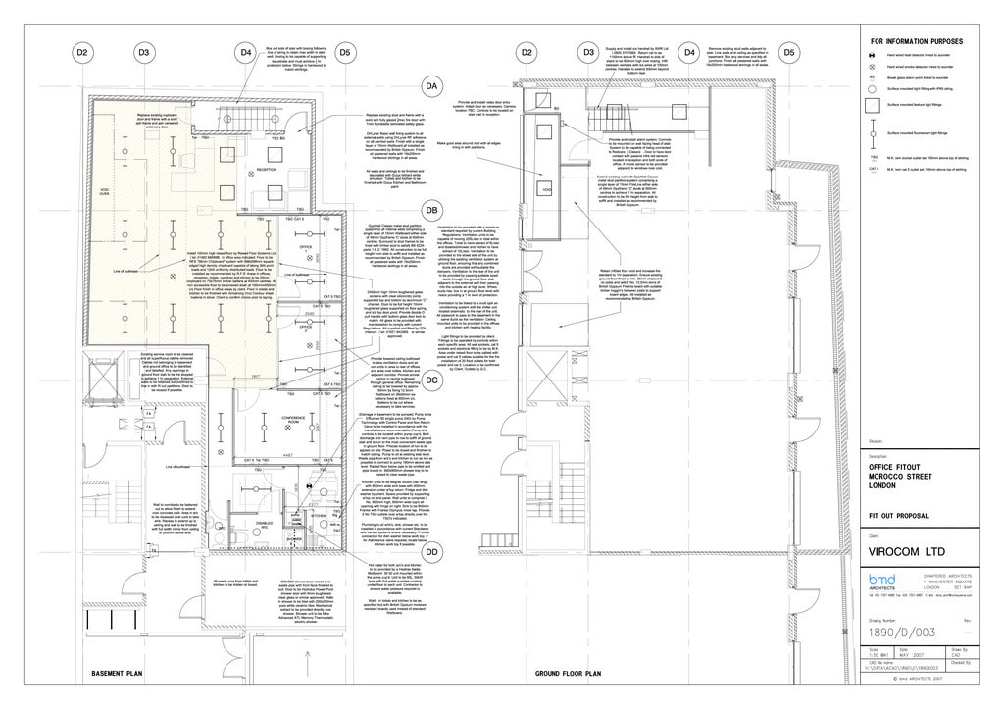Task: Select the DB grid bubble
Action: coord(431,210)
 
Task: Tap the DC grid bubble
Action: coord(431,382)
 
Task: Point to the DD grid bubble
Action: coord(431,552)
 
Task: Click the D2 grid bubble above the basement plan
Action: coord(82,52)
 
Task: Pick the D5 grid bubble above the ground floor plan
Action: coord(788,52)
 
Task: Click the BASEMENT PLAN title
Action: coord(119,675)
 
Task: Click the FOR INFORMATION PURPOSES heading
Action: coord(917,41)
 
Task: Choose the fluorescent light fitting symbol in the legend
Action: coord(874,132)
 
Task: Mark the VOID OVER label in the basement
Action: coord(104,193)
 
